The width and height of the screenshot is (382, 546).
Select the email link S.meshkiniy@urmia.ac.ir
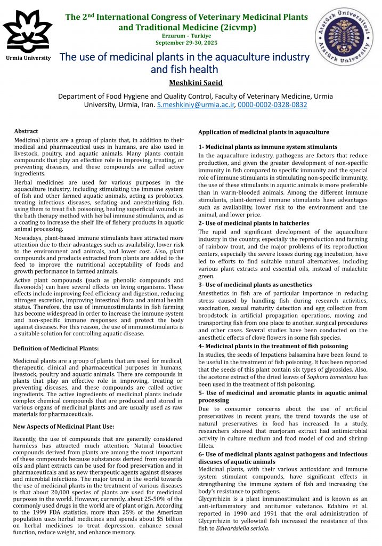click(x=196, y=105)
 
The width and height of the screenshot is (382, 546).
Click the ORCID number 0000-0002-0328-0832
click(x=272, y=105)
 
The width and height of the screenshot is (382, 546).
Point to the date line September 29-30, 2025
click(x=186, y=42)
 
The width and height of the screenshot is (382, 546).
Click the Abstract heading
click(x=26, y=131)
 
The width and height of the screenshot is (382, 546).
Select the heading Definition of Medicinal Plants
click(x=55, y=348)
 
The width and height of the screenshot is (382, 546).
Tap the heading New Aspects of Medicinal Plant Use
click(x=63, y=426)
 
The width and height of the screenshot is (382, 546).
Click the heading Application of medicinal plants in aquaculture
click(x=263, y=132)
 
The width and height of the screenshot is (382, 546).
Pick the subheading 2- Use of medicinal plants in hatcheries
click(x=254, y=223)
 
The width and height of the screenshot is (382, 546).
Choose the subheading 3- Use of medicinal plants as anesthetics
click(x=255, y=285)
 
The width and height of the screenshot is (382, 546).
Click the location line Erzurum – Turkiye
click(x=186, y=35)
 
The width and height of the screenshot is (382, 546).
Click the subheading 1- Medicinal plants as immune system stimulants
click(x=267, y=147)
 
